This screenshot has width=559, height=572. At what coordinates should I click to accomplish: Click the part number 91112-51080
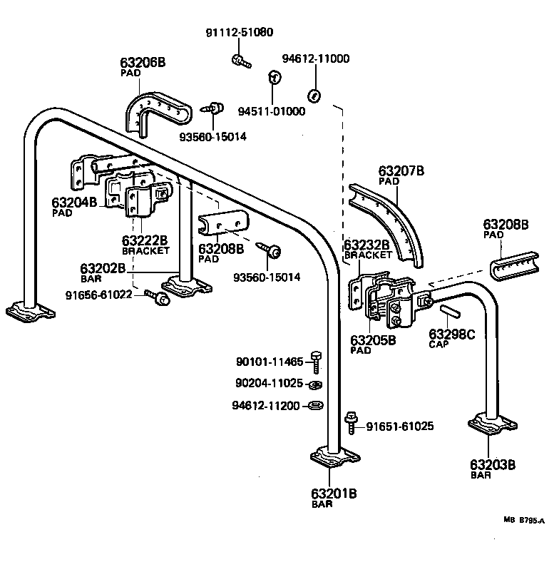coord(239,33)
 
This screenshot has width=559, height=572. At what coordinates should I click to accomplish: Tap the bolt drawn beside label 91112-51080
coord(240,61)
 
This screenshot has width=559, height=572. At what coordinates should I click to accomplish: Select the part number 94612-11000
coord(315,58)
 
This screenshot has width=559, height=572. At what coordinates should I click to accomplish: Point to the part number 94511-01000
coord(271,111)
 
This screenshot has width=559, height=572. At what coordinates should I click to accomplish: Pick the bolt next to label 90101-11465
coord(317,362)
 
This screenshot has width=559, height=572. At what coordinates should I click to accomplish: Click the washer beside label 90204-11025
coord(315,385)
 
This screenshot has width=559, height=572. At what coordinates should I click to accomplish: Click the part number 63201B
coord(333,493)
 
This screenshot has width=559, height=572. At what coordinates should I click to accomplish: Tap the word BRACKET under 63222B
coord(145,250)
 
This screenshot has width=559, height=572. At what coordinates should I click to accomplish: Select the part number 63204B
coord(74,202)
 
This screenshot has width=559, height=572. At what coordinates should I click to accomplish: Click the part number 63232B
coord(366,245)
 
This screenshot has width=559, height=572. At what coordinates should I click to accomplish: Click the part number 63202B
coord(103,269)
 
